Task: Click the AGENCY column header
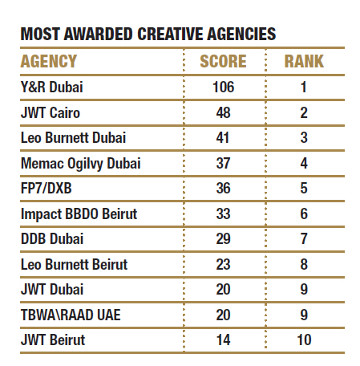click(49, 61)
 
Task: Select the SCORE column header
click(223, 61)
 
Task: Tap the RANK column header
click(304, 61)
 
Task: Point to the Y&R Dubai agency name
click(52, 87)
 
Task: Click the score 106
click(223, 87)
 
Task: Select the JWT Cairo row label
click(51, 112)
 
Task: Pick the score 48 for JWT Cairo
click(223, 112)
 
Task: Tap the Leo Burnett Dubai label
click(73, 138)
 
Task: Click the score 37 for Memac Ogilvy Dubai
click(223, 163)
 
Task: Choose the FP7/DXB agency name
click(47, 188)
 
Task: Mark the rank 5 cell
click(304, 188)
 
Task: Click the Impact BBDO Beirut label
click(79, 214)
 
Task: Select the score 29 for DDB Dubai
click(223, 238)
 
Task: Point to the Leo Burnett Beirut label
click(74, 264)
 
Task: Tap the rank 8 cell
click(304, 264)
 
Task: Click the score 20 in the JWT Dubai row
click(223, 289)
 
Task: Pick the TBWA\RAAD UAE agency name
click(71, 315)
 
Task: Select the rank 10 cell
click(304, 340)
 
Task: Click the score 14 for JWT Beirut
click(223, 340)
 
